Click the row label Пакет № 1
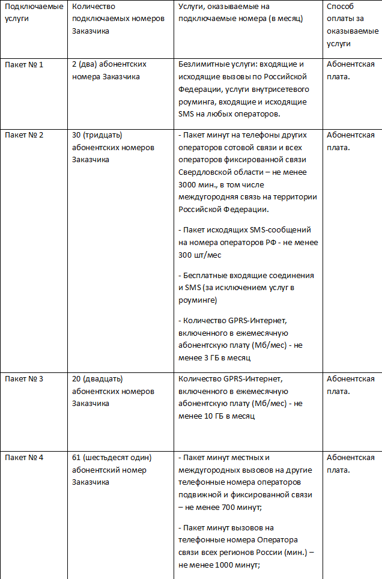click(x=24, y=64)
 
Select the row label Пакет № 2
click(x=24, y=135)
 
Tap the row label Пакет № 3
click(x=24, y=379)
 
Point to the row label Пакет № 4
click(x=24, y=458)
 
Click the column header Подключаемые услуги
click(x=34, y=12)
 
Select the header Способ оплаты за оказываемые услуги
click(x=351, y=25)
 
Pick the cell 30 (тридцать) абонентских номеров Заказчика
click(x=113, y=148)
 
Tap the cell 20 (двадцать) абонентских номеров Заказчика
click(x=113, y=391)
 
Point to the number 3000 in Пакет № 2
click(x=189, y=185)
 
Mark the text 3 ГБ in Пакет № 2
click(x=211, y=358)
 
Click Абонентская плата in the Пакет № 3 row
click(x=351, y=384)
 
